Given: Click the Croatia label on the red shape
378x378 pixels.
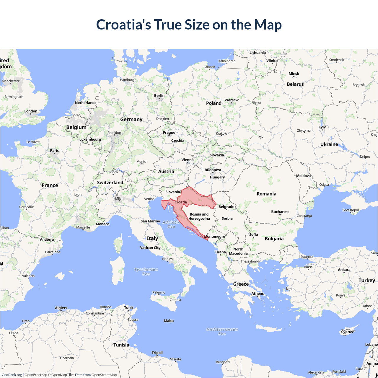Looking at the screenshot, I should pyautogui.click(x=181, y=202).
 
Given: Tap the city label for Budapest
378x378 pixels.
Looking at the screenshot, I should pyautogui.click(x=213, y=170).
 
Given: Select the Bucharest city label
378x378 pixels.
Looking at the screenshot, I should pyautogui.click(x=280, y=212).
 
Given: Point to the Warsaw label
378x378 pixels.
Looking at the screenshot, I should pyautogui.click(x=232, y=100).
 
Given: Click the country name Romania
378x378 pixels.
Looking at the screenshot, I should pyautogui.click(x=266, y=194).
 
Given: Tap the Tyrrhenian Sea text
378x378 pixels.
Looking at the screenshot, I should pyautogui.click(x=146, y=272).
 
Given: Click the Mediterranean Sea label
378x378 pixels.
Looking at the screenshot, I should pyautogui.click(x=222, y=332).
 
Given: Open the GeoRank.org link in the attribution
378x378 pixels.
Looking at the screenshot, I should pyautogui.click(x=12, y=375).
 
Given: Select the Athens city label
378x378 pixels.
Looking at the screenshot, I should pyautogui.click(x=258, y=294).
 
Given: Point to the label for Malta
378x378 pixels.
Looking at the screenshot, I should pyautogui.click(x=169, y=321).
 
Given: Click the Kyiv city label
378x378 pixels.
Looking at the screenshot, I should pyautogui.click(x=322, y=127).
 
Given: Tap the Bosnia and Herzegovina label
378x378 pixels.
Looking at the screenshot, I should pyautogui.click(x=199, y=216).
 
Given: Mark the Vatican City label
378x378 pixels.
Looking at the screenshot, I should pyautogui.click(x=150, y=248).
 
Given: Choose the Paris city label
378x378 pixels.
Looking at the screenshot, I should pyautogui.click(x=54, y=151).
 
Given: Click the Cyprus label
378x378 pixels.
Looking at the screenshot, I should pyautogui.click(x=347, y=332).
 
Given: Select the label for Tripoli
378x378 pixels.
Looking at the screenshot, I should pyautogui.click(x=157, y=353).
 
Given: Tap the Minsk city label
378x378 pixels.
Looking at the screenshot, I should pyautogui.click(x=294, y=74).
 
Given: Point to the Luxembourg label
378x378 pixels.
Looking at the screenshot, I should pyautogui.click(x=90, y=139).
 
